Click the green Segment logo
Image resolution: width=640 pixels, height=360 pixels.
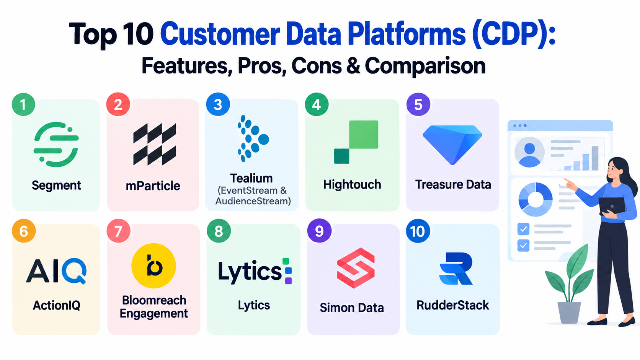click(56, 144)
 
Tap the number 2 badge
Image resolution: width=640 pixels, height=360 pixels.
click(118, 104)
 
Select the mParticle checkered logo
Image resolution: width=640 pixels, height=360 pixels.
click(155, 145)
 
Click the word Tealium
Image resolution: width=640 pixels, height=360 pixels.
click(251, 178)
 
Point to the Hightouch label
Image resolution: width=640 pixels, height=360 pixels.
click(352, 184)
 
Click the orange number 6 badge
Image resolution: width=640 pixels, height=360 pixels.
click(24, 231)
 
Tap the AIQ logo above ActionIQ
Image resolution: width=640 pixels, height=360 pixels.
click(56, 271)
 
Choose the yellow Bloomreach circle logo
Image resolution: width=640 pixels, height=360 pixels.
click(153, 266)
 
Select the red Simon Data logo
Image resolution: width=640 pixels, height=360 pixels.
click(356, 268)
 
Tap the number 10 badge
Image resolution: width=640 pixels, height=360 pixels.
click(418, 231)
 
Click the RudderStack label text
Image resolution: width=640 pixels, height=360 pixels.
click(452, 305)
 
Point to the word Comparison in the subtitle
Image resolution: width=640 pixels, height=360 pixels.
click(425, 66)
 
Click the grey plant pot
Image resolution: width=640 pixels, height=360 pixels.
click(569, 313)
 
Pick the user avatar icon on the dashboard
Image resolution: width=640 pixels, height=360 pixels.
click(529, 152)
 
